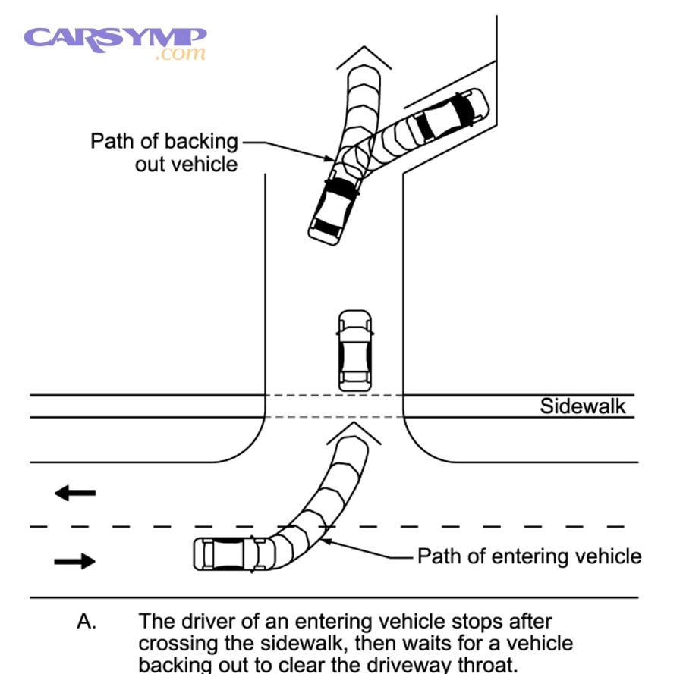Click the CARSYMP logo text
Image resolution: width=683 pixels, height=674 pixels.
coord(115,37)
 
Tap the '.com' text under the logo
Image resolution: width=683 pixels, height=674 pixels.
coord(180,55)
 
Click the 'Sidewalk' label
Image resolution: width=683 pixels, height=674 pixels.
coord(583,406)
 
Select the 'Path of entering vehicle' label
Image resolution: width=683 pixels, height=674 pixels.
coord(529,556)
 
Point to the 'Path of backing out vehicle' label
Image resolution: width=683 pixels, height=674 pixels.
coord(164,152)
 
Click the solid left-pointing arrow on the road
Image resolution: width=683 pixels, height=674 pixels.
coord(75,494)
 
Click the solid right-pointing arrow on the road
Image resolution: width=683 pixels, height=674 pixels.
coord(75,561)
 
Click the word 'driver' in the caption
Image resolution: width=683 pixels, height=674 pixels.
coord(212,622)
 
